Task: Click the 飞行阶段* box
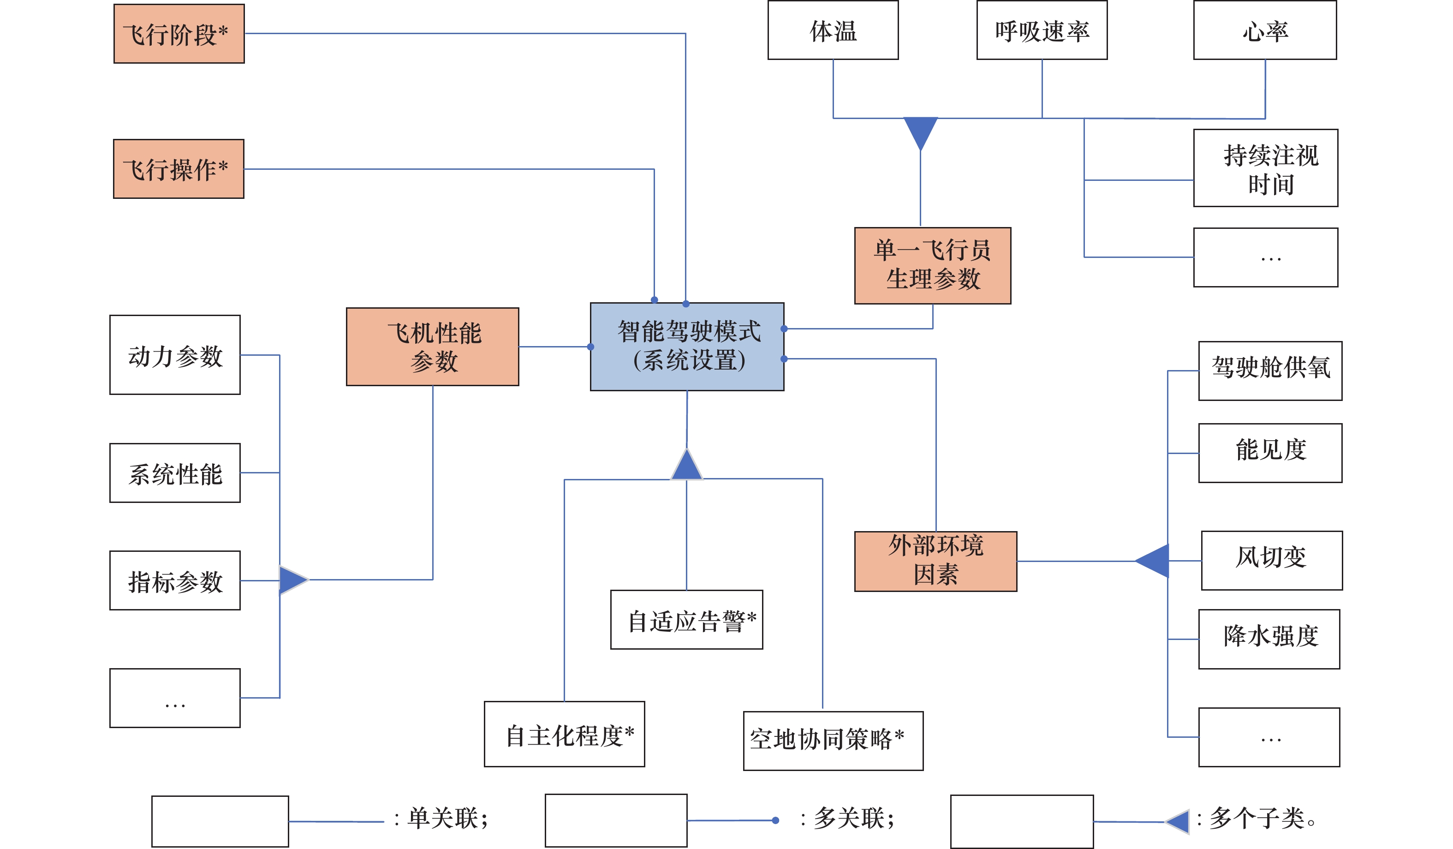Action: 179,33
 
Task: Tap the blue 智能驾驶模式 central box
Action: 687,347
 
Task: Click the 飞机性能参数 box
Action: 433,347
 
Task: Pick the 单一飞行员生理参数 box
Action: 932,265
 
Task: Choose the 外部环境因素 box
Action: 935,561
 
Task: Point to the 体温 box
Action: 833,30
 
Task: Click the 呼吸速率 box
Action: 1042,30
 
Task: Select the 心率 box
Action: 1264,30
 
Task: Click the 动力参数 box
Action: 175,355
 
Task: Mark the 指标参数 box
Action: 175,580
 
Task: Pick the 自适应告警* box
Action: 686,619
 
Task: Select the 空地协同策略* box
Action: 833,741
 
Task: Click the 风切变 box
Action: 1271,561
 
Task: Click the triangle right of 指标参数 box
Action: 292,580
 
